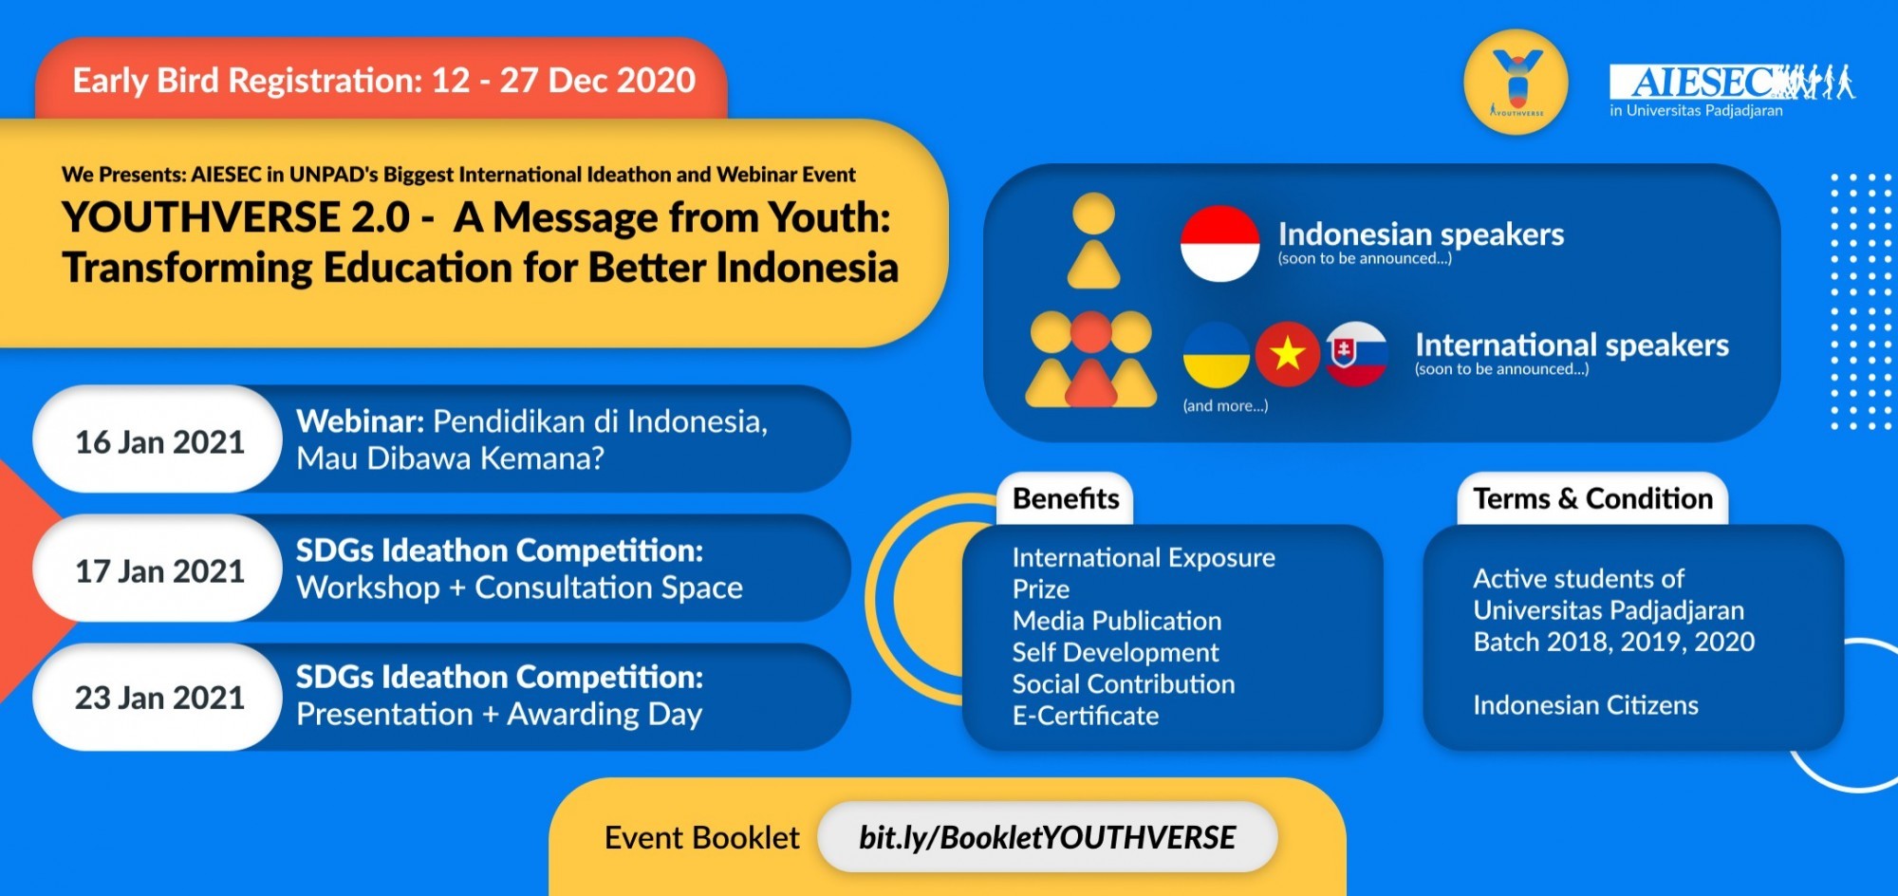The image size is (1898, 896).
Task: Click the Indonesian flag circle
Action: point(1219,244)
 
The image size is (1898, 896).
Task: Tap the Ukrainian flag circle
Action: point(1216,355)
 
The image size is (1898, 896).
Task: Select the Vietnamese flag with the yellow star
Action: point(1288,355)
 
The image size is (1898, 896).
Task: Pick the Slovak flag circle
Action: point(1357,355)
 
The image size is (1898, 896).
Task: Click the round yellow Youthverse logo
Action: point(1517,83)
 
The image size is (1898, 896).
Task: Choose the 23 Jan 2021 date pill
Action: point(158,697)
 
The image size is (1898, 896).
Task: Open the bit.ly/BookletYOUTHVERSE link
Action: point(1048,837)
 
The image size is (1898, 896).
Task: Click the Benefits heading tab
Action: point(1066,498)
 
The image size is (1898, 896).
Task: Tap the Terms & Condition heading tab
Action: point(1593,498)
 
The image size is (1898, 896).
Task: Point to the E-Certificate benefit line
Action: point(1086,716)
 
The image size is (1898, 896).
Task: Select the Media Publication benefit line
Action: point(1117,621)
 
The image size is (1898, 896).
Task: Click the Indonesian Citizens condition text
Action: point(1586,705)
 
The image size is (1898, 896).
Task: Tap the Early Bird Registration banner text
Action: point(384,81)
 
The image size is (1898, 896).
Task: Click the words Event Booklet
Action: point(702,837)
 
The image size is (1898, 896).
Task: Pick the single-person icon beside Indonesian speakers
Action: point(1093,240)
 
